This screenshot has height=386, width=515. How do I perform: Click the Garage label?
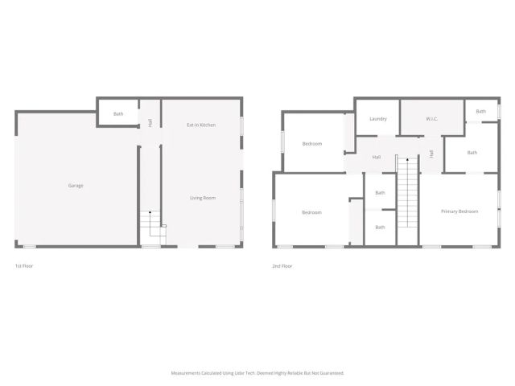pos(76,186)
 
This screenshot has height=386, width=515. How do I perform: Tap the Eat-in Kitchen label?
pos(201,125)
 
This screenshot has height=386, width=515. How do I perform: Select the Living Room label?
pos(201,198)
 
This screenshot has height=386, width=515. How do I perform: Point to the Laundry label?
pos(378,119)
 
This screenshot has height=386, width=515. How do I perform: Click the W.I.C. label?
pos(431,119)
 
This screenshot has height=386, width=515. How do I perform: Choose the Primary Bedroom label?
pos(459,211)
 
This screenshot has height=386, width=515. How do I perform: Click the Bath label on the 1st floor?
pos(118,114)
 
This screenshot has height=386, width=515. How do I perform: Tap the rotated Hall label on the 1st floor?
pos(150,123)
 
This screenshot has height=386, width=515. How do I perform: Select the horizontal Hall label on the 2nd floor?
pos(377,157)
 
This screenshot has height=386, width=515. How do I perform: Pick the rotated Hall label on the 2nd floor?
pos(431,153)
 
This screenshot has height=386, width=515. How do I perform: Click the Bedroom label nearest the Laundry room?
pos(312,144)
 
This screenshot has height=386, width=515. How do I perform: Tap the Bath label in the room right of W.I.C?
pos(480,112)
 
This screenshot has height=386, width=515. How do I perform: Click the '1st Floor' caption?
pos(24,265)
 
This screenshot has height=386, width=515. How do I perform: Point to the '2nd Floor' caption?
pos(282,265)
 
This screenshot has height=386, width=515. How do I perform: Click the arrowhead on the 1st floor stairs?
pos(150,211)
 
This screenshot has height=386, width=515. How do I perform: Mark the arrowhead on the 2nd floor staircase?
pos(407,160)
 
